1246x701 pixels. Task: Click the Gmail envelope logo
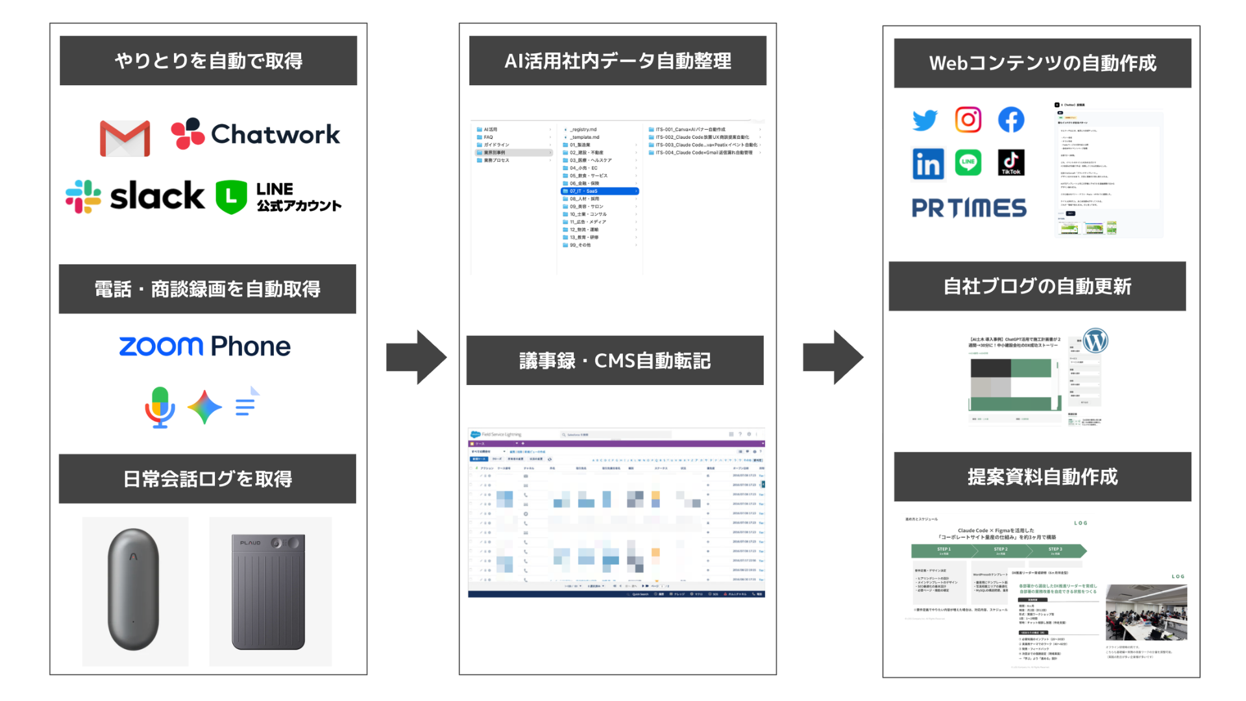(125, 138)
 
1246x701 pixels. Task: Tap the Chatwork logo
(255, 134)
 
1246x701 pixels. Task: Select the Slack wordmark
(156, 196)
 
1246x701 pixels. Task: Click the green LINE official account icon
(231, 197)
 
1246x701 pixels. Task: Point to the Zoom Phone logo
(204, 346)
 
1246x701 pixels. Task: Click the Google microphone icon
(160, 407)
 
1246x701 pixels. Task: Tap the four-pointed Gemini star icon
(204, 407)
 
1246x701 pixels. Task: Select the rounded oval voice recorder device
(134, 589)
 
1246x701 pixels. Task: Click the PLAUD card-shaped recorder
(269, 591)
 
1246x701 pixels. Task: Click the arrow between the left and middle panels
(416, 357)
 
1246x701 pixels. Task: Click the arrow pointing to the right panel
(833, 357)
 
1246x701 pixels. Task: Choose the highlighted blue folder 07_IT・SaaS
(599, 191)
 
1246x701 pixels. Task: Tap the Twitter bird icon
(925, 120)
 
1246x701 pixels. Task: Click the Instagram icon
(968, 120)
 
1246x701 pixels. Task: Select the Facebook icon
(1010, 120)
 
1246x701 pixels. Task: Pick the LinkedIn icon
(927, 163)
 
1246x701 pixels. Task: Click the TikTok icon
(1010, 163)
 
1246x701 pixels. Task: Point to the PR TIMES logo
(969, 208)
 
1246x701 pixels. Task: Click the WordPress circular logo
(1095, 341)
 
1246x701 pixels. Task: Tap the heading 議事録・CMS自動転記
(615, 360)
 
